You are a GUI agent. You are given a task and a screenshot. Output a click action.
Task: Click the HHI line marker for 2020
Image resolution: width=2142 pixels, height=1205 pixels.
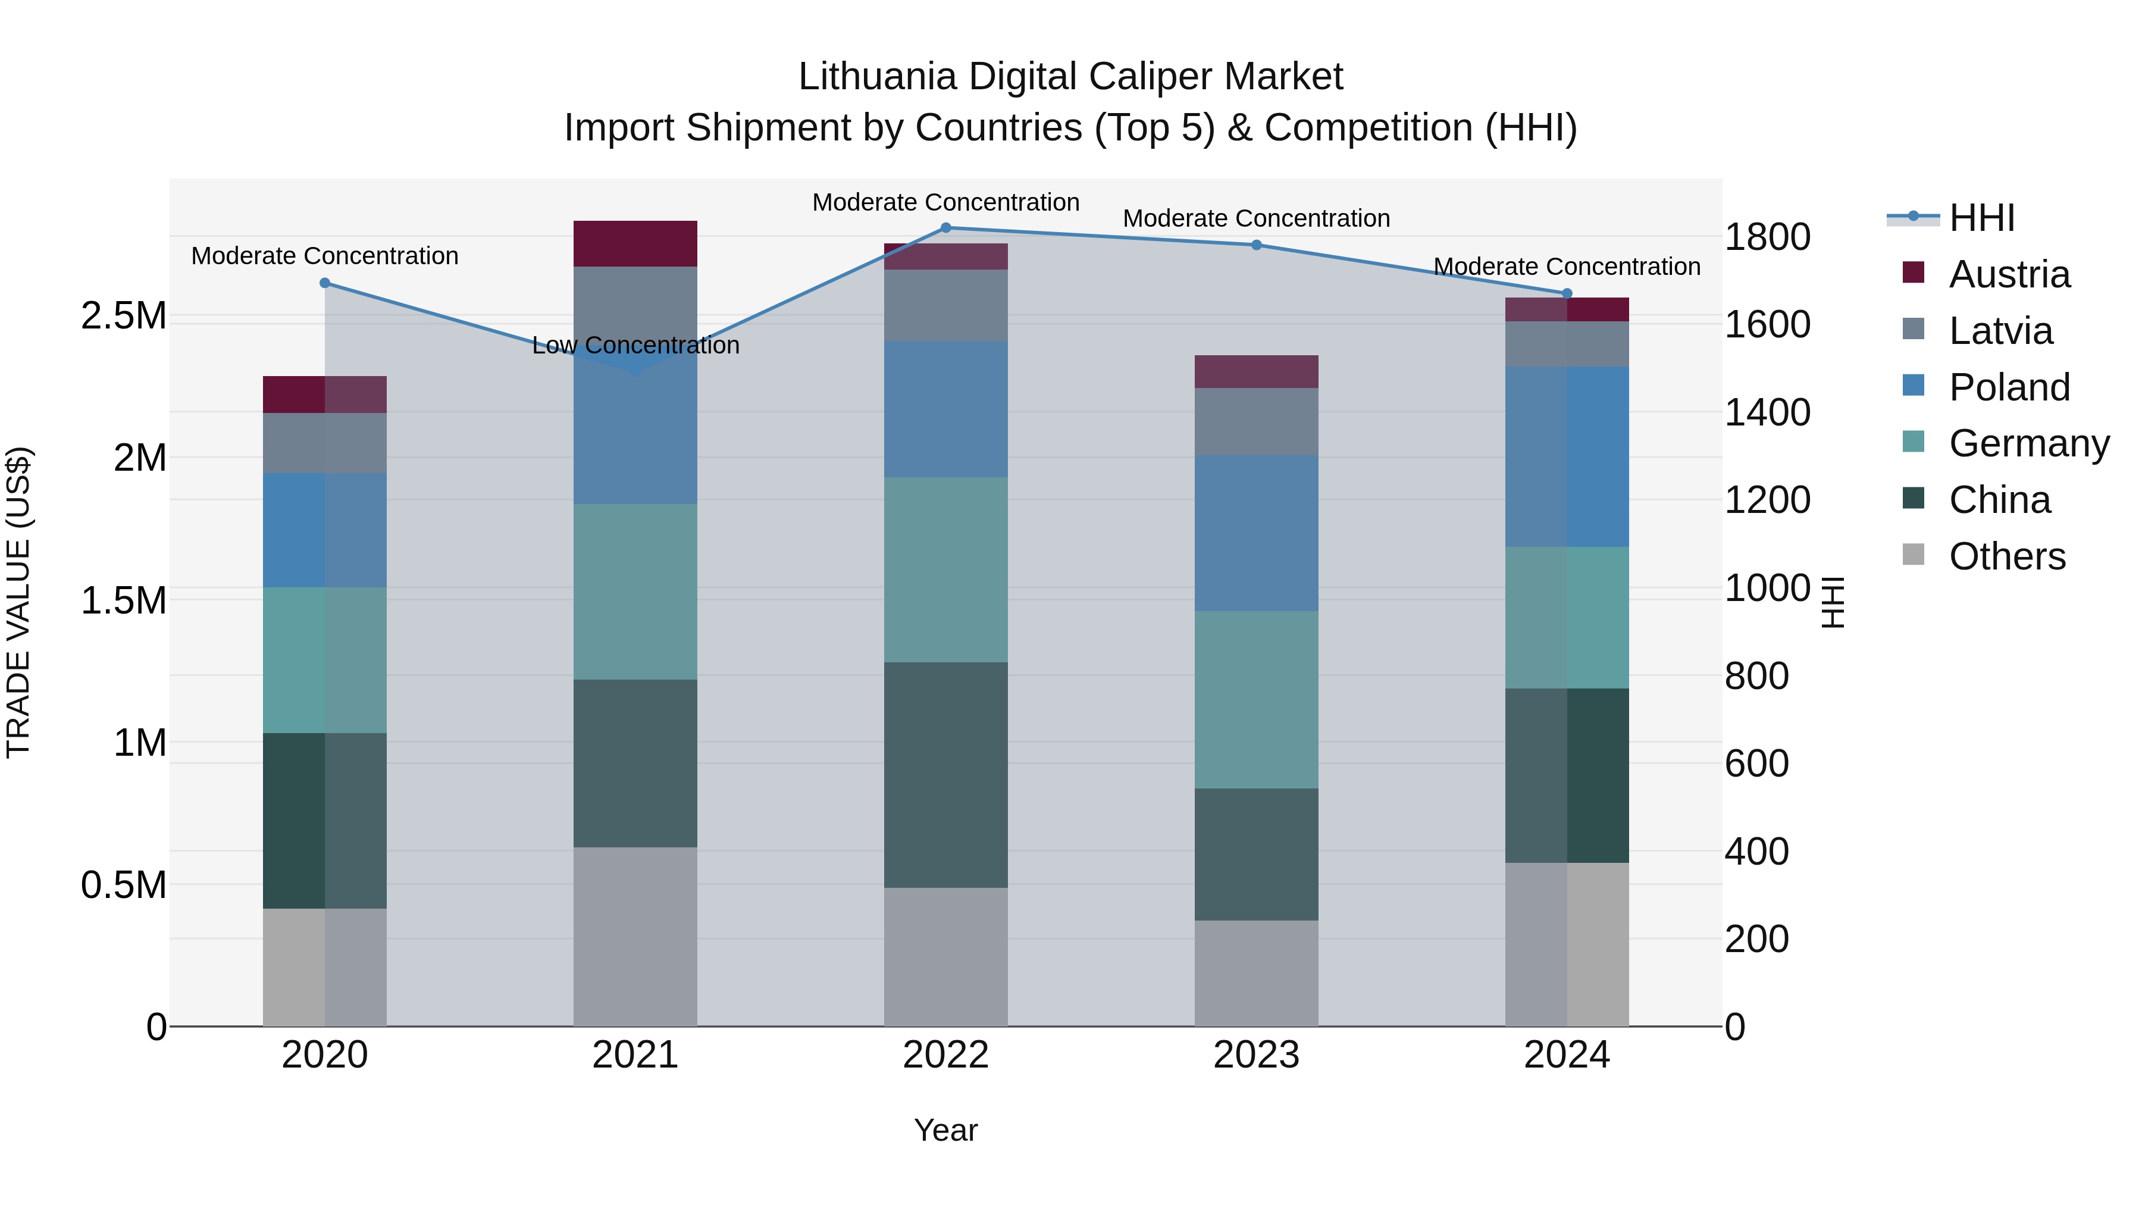(x=325, y=283)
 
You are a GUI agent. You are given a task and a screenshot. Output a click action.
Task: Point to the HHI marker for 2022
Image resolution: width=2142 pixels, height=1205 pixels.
(x=945, y=228)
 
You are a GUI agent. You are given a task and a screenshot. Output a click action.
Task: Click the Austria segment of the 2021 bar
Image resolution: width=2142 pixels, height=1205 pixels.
(x=635, y=243)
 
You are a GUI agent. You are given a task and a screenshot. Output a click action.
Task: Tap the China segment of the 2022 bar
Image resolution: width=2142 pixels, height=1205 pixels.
(x=945, y=774)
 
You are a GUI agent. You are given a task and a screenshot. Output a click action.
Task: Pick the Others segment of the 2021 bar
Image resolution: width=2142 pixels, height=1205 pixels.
(x=635, y=937)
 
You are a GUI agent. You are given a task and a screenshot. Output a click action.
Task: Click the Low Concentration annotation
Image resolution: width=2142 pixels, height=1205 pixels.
(x=635, y=345)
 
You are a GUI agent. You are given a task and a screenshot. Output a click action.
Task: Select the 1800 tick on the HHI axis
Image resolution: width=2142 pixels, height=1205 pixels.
(x=1767, y=237)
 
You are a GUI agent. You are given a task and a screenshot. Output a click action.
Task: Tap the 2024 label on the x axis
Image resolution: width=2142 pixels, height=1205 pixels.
(x=1567, y=1055)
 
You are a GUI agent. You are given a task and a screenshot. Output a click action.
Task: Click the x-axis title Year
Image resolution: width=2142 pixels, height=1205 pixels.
(x=945, y=1130)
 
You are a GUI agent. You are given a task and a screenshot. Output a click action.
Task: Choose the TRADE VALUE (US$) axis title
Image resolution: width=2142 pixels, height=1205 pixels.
(x=18, y=602)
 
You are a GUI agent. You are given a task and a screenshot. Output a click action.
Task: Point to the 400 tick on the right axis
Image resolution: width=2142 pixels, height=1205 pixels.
(x=1756, y=852)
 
